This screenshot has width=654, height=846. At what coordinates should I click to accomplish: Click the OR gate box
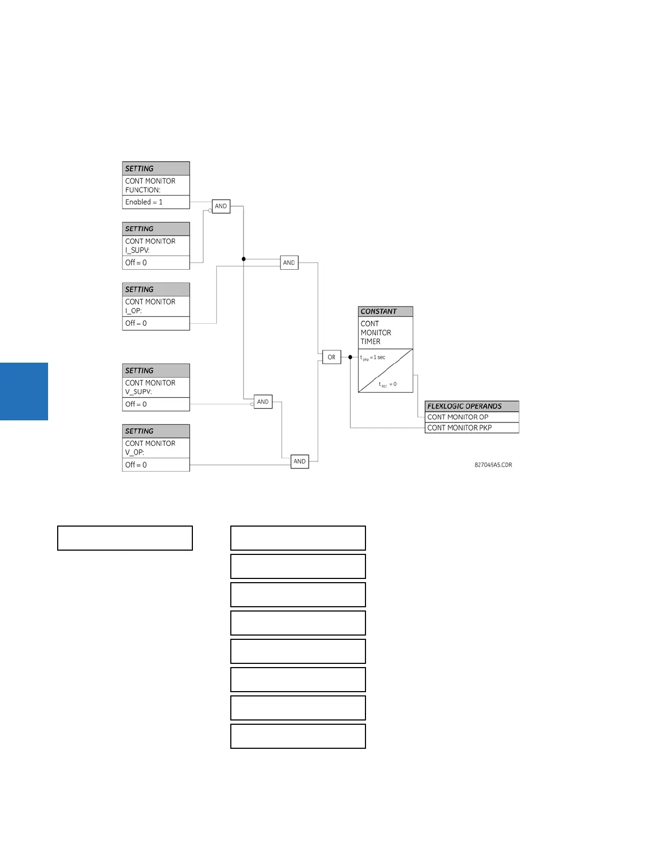331,357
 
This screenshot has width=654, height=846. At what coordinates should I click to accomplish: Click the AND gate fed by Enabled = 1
221,206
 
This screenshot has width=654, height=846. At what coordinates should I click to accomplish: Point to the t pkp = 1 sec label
373,357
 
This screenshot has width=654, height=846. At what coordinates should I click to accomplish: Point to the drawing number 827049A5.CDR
493,465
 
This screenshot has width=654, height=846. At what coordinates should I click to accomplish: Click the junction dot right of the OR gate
351,357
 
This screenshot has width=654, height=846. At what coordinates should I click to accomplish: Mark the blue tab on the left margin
24,391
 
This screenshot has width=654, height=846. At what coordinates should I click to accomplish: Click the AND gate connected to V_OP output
300,461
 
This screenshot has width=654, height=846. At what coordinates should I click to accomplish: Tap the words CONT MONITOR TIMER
376,333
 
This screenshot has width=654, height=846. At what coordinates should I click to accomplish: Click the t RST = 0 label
388,384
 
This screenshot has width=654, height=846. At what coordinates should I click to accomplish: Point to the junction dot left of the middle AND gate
244,259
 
